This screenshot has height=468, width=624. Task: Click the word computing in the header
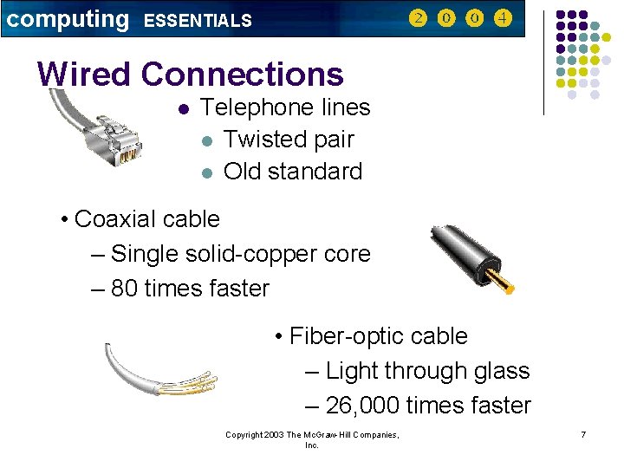[x=67, y=19]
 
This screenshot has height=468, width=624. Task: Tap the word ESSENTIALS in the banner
[x=198, y=21]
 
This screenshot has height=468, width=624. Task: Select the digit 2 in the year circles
[x=418, y=18]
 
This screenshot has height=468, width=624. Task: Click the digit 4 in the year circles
[x=503, y=18]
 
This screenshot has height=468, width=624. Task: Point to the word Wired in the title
[x=85, y=75]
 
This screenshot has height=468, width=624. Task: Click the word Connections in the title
[x=242, y=75]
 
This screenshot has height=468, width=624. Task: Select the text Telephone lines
[x=285, y=107]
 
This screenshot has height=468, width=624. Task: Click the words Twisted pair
[x=289, y=140]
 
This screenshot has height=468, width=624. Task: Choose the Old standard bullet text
[x=293, y=172]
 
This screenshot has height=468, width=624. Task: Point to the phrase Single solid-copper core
[x=241, y=254]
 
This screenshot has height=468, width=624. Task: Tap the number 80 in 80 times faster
[x=125, y=289]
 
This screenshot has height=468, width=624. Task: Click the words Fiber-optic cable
[x=378, y=336]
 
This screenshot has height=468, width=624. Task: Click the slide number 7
[x=583, y=433]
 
